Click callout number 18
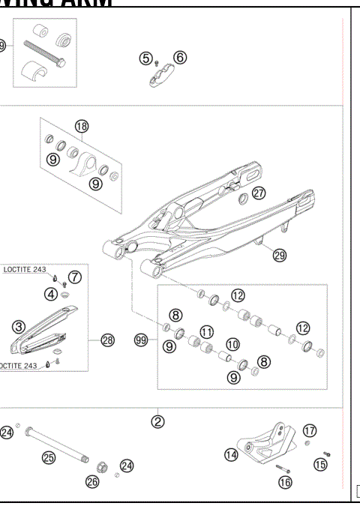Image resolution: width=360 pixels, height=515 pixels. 81,126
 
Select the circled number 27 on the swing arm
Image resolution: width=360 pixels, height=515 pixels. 258,192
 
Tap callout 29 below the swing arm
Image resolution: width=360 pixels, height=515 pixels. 279,255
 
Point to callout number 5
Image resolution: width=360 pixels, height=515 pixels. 146,57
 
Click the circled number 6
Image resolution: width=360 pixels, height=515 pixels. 180,57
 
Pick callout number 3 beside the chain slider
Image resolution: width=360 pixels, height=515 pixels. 19,326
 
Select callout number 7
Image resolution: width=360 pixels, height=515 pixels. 75,277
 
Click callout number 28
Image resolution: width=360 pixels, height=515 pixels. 107,340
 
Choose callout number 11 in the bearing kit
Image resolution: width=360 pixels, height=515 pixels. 205,331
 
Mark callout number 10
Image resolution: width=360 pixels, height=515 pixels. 232,343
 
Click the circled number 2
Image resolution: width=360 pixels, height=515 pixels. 158,421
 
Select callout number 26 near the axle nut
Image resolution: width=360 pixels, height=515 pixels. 93,482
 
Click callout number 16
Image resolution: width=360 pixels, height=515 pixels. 285,483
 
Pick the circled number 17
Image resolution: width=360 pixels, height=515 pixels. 309,430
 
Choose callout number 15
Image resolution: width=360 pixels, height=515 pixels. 320,465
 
